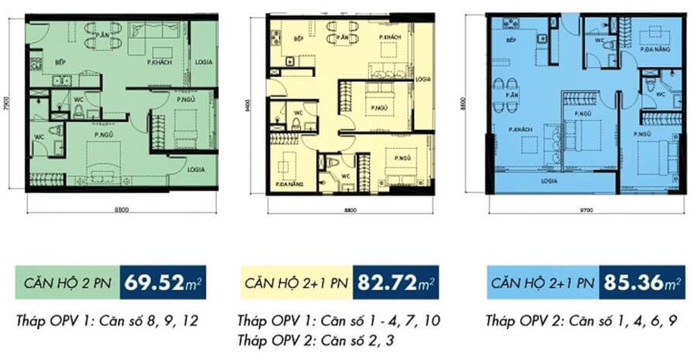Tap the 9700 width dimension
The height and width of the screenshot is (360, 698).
point(585,211)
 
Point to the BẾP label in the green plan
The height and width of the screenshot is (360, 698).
point(60,63)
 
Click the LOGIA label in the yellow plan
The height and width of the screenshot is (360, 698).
point(422,79)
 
